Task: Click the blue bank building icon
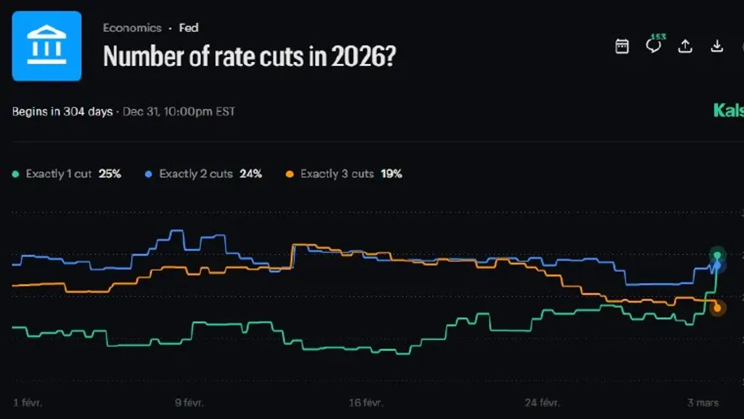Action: click(x=46, y=46)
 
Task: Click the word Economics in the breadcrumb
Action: click(x=132, y=28)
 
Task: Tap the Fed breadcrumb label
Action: click(x=188, y=28)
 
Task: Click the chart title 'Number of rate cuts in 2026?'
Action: click(x=249, y=56)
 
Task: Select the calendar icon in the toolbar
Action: click(x=622, y=46)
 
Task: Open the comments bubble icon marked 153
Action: click(x=653, y=45)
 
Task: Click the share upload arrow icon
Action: click(x=685, y=46)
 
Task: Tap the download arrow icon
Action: click(x=717, y=46)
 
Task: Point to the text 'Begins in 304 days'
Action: click(x=63, y=112)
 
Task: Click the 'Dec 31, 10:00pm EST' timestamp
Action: click(x=179, y=112)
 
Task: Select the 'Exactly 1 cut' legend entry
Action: click(x=58, y=174)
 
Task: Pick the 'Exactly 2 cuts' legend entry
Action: click(x=195, y=174)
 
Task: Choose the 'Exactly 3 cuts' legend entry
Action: click(x=337, y=174)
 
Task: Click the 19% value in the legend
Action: click(x=392, y=174)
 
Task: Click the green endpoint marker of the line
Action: click(x=717, y=255)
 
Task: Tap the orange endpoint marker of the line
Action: click(x=717, y=308)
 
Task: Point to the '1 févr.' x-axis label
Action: click(x=27, y=403)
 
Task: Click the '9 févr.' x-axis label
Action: click(x=189, y=403)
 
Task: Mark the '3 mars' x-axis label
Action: click(x=703, y=403)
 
